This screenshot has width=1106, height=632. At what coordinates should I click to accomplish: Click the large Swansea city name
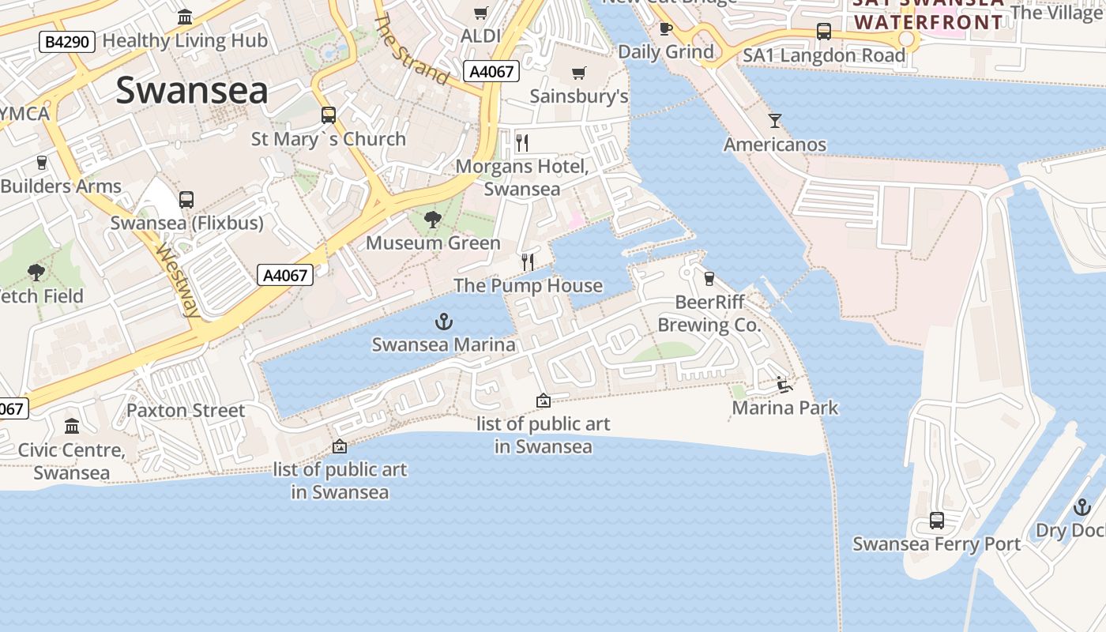pyautogui.click(x=192, y=91)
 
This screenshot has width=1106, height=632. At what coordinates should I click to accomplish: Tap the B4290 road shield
pyautogui.click(x=67, y=42)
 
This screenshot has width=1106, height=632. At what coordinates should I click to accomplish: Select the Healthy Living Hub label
pyautogui.click(x=185, y=40)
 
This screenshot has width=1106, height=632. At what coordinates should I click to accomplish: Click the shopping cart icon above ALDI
pyautogui.click(x=480, y=13)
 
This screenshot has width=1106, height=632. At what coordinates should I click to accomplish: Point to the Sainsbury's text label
pyautogui.click(x=579, y=96)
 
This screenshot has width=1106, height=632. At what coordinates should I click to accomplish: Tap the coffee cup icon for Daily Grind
pyautogui.click(x=666, y=29)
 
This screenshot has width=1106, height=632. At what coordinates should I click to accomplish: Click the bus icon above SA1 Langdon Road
pyautogui.click(x=823, y=32)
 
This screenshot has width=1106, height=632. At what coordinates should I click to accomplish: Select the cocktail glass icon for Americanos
pyautogui.click(x=775, y=121)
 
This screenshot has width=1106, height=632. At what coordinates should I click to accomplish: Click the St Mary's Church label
pyautogui.click(x=328, y=139)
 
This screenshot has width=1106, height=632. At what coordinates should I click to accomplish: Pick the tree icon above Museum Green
pyautogui.click(x=432, y=220)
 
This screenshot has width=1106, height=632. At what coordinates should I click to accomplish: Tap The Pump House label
pyautogui.click(x=528, y=286)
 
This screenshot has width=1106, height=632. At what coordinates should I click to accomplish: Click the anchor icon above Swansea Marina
pyautogui.click(x=444, y=322)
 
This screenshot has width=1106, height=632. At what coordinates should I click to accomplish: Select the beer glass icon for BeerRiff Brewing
pyautogui.click(x=709, y=278)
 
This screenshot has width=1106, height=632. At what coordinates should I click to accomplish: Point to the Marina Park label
pyautogui.click(x=785, y=408)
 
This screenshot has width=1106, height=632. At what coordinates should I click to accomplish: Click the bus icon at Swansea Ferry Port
pyautogui.click(x=936, y=521)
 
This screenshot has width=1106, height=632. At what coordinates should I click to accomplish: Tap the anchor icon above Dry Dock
pyautogui.click(x=1082, y=507)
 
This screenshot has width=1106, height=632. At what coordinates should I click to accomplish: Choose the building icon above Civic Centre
pyautogui.click(x=72, y=427)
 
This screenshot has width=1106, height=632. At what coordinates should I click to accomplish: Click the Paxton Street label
pyautogui.click(x=186, y=411)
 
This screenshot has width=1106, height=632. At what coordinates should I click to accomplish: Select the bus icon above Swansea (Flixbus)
pyautogui.click(x=186, y=200)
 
